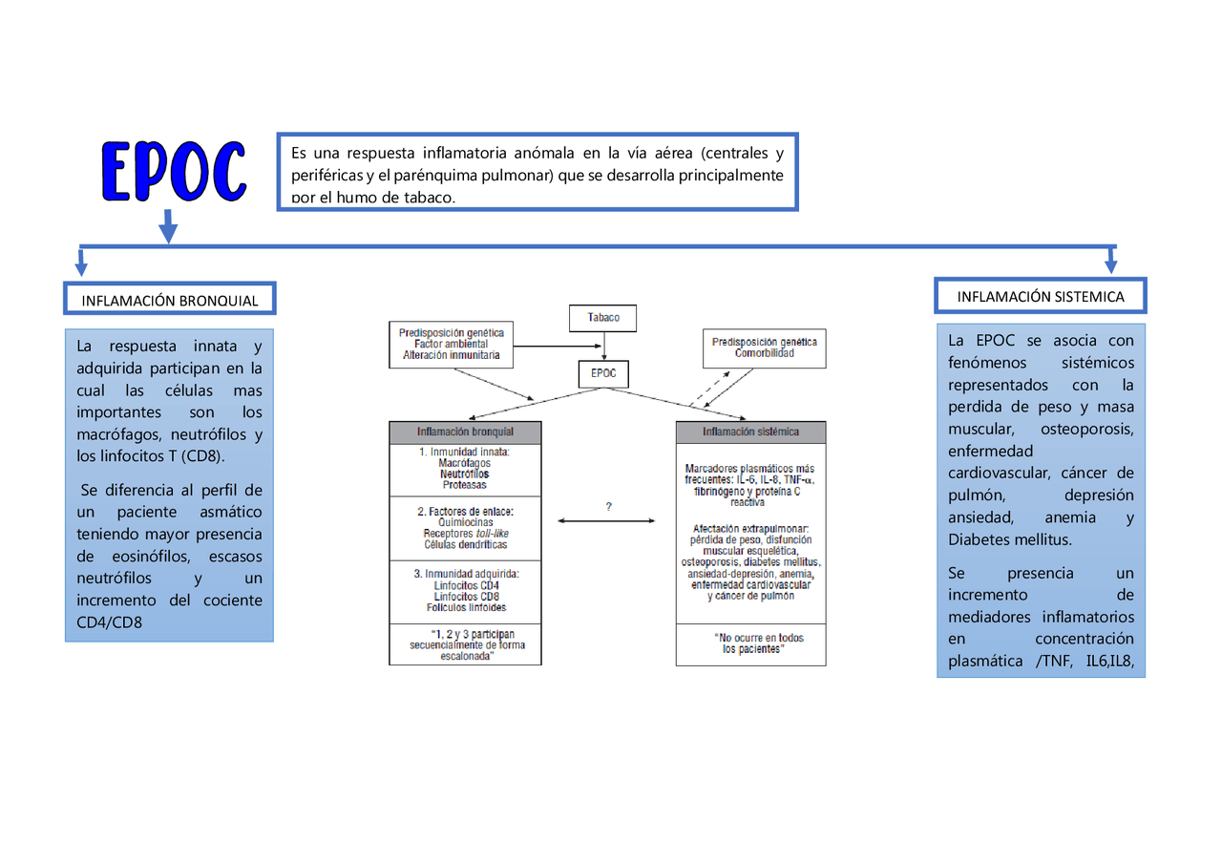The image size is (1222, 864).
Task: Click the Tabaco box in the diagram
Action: pos(602,318)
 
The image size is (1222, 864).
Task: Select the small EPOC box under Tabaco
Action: pos(603,373)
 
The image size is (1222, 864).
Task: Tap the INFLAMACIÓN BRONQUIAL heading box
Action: pos(170,300)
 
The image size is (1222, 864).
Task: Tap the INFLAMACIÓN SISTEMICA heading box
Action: pos(1040,297)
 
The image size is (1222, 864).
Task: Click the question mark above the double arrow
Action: pos(608,507)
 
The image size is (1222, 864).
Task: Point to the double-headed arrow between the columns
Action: pos(607,520)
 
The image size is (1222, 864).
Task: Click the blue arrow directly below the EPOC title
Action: pos(168,226)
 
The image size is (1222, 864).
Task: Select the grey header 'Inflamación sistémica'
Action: pos(750,432)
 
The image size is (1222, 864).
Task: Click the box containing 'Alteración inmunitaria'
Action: pos(451,344)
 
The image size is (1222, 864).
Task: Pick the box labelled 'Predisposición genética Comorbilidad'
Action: pos(764,348)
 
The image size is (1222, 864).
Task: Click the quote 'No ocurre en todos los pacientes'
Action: pos(750,643)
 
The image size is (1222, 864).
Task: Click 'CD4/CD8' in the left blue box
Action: pos(110,623)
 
